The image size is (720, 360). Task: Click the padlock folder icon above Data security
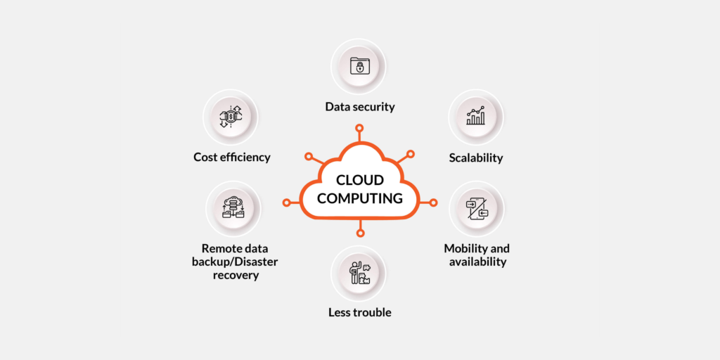click(x=359, y=66)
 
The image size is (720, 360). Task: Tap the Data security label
click(x=360, y=107)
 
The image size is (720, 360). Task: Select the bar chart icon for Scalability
click(x=476, y=116)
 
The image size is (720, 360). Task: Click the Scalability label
click(x=476, y=157)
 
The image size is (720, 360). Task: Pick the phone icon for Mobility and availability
click(x=476, y=207)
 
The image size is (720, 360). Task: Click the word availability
click(x=477, y=262)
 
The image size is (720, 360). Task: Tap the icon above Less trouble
click(x=359, y=272)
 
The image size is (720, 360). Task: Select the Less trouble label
click(x=360, y=312)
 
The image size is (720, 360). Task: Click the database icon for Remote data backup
click(x=233, y=207)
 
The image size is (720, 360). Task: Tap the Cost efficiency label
click(x=232, y=157)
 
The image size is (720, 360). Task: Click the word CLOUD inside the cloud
click(x=360, y=181)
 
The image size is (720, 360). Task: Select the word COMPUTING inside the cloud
click(x=360, y=198)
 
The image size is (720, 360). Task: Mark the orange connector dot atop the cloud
click(x=359, y=128)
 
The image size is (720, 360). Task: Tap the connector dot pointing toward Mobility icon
click(x=433, y=202)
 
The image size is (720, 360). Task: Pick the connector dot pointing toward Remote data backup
click(x=286, y=202)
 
